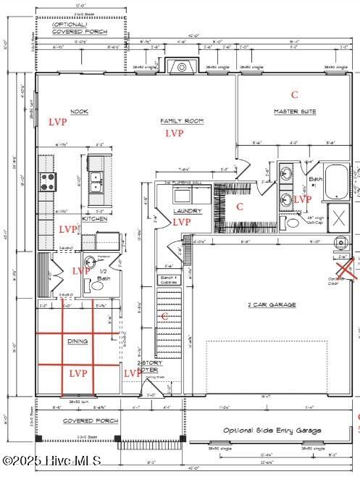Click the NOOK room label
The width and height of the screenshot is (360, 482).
click(x=79, y=111)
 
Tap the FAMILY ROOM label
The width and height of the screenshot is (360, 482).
click(x=182, y=121)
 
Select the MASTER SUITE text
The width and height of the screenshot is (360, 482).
click(x=295, y=111)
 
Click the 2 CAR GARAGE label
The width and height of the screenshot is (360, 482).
click(x=272, y=304)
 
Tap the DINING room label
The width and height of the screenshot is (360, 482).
click(x=78, y=341)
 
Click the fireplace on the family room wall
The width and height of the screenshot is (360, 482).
click(x=177, y=67)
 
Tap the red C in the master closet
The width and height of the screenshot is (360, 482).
click(x=240, y=207)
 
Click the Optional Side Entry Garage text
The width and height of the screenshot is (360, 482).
click(x=271, y=430)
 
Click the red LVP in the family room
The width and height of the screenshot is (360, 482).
click(x=174, y=133)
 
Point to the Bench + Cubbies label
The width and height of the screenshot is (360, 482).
click(x=167, y=279)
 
